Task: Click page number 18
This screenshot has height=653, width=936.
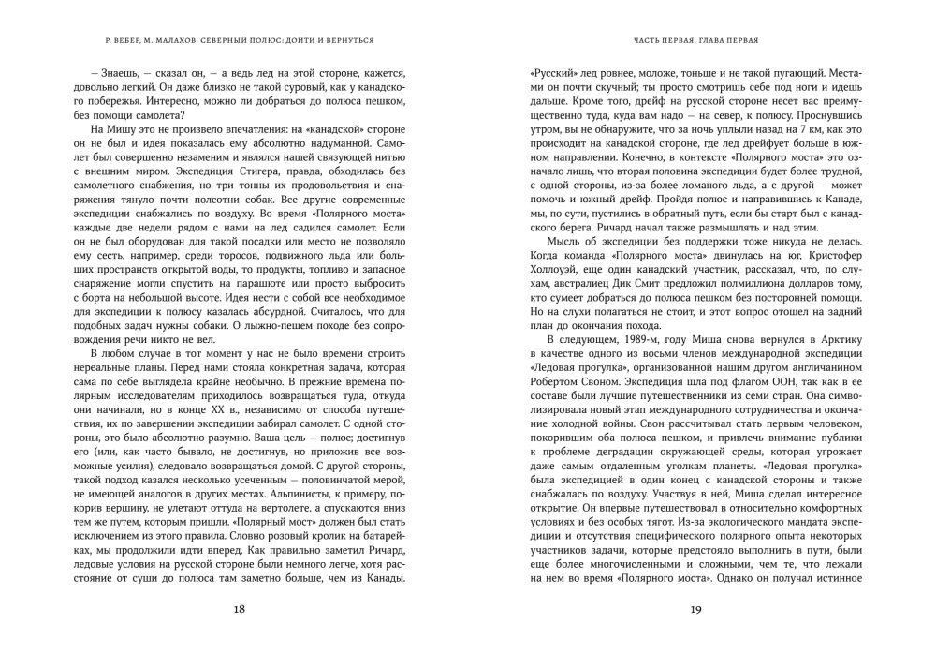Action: point(240,610)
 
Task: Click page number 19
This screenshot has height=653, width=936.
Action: point(695,610)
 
